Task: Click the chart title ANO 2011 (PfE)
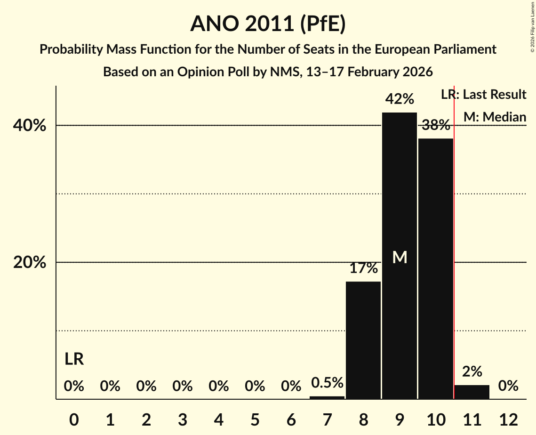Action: click(268, 24)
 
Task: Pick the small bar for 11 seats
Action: click(472, 392)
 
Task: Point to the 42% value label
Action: click(400, 99)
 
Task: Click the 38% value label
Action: click(435, 125)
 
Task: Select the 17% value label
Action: click(363, 268)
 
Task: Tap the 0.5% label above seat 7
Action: click(327, 383)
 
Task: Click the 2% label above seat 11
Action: click(472, 371)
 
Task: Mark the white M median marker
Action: click(400, 257)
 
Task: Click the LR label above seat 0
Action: click(74, 359)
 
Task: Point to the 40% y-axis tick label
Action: click(30, 126)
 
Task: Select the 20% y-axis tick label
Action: click(30, 263)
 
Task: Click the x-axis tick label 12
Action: click(508, 419)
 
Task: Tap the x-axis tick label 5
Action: click(255, 419)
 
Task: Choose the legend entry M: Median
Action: click(495, 117)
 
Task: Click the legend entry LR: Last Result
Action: click(484, 95)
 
